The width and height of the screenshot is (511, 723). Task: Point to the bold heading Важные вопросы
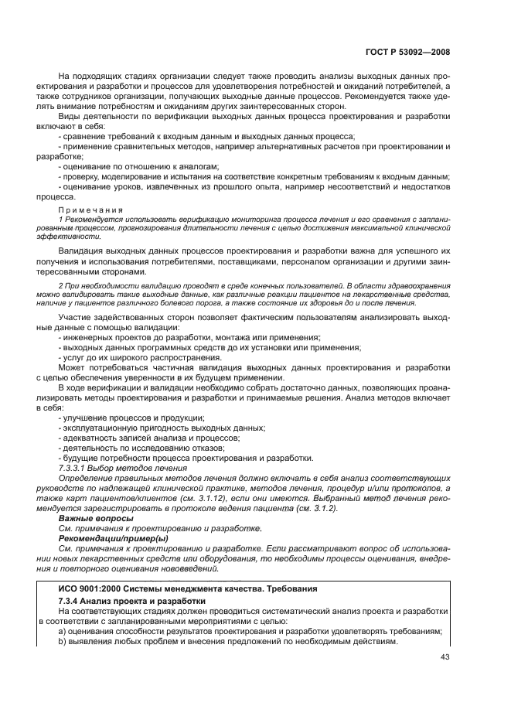(x=90, y=518)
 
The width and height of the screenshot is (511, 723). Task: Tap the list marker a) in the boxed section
(x=63, y=631)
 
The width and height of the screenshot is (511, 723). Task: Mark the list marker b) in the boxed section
(x=63, y=641)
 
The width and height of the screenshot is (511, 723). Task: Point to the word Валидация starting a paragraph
(x=82, y=252)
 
